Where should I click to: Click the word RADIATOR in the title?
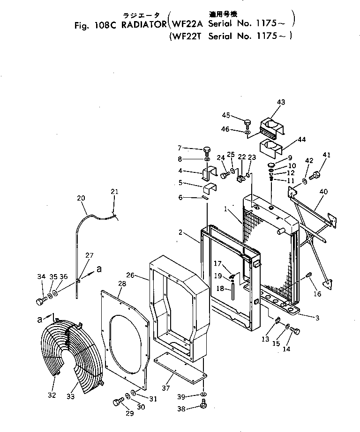(x=140, y=25)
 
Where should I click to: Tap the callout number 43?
(x=281, y=102)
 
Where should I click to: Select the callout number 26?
(x=144, y=276)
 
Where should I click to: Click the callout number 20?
(x=81, y=198)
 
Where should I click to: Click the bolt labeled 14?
(x=296, y=332)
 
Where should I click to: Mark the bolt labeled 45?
(x=247, y=123)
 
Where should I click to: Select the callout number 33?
(x=70, y=396)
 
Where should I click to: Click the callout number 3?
(x=317, y=318)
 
